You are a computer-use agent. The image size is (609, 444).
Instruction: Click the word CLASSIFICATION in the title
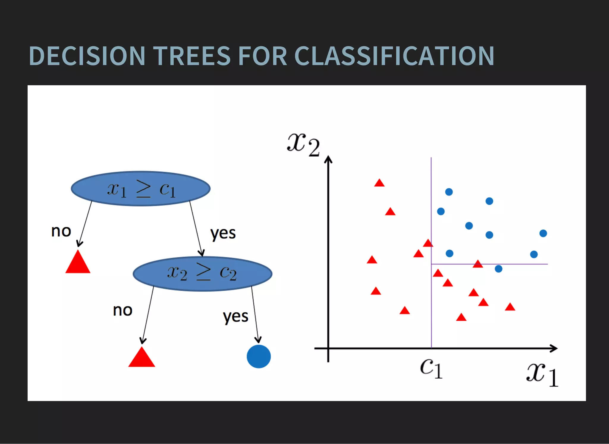[394, 56]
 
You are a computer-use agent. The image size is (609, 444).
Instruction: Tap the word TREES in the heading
[192, 56]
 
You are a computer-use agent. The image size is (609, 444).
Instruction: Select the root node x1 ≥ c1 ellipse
[141, 188]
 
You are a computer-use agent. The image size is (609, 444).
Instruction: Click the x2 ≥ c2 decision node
[202, 273]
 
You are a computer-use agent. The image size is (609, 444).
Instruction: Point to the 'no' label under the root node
[61, 231]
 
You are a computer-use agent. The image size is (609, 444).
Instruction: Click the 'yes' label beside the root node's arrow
[223, 233]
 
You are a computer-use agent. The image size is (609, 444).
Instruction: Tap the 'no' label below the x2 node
[123, 311]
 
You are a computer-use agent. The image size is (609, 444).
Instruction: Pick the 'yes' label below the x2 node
[236, 317]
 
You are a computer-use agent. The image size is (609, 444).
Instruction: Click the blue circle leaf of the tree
[259, 356]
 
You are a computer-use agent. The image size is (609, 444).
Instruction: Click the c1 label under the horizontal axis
[431, 369]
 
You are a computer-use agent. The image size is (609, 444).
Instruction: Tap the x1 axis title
[542, 374]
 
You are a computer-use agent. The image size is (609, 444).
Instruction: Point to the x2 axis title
[303, 145]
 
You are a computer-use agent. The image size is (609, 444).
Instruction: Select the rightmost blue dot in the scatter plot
[543, 233]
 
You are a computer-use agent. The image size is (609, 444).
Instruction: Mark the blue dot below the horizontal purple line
[498, 269]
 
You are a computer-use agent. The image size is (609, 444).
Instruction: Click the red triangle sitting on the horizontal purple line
[478, 264]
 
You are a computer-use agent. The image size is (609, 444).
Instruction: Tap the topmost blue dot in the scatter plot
[449, 192]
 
